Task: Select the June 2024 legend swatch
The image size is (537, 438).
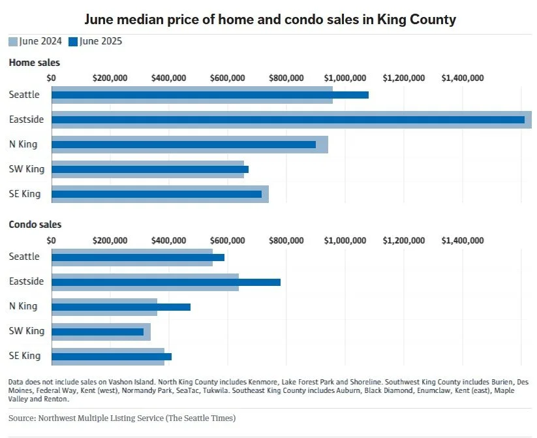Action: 13,42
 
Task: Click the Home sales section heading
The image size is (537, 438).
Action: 35,63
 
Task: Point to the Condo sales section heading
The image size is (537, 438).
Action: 35,225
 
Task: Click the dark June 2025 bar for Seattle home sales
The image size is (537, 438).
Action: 209,95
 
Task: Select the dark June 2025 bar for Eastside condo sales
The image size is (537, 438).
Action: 166,282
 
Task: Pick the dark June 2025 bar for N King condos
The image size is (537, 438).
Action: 121,307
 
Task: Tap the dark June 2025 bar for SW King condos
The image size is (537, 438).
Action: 97,332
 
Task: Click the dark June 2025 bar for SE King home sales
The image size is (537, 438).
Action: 157,194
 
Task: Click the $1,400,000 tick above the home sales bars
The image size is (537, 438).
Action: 462,78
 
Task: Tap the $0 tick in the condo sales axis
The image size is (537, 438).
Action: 52,240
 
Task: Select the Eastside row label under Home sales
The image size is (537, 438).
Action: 27,119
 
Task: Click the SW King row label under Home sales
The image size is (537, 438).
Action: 27,169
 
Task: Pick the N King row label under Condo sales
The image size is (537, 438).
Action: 23,306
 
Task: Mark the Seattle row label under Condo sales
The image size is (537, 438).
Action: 24,257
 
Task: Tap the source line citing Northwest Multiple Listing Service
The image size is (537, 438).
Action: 122,418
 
